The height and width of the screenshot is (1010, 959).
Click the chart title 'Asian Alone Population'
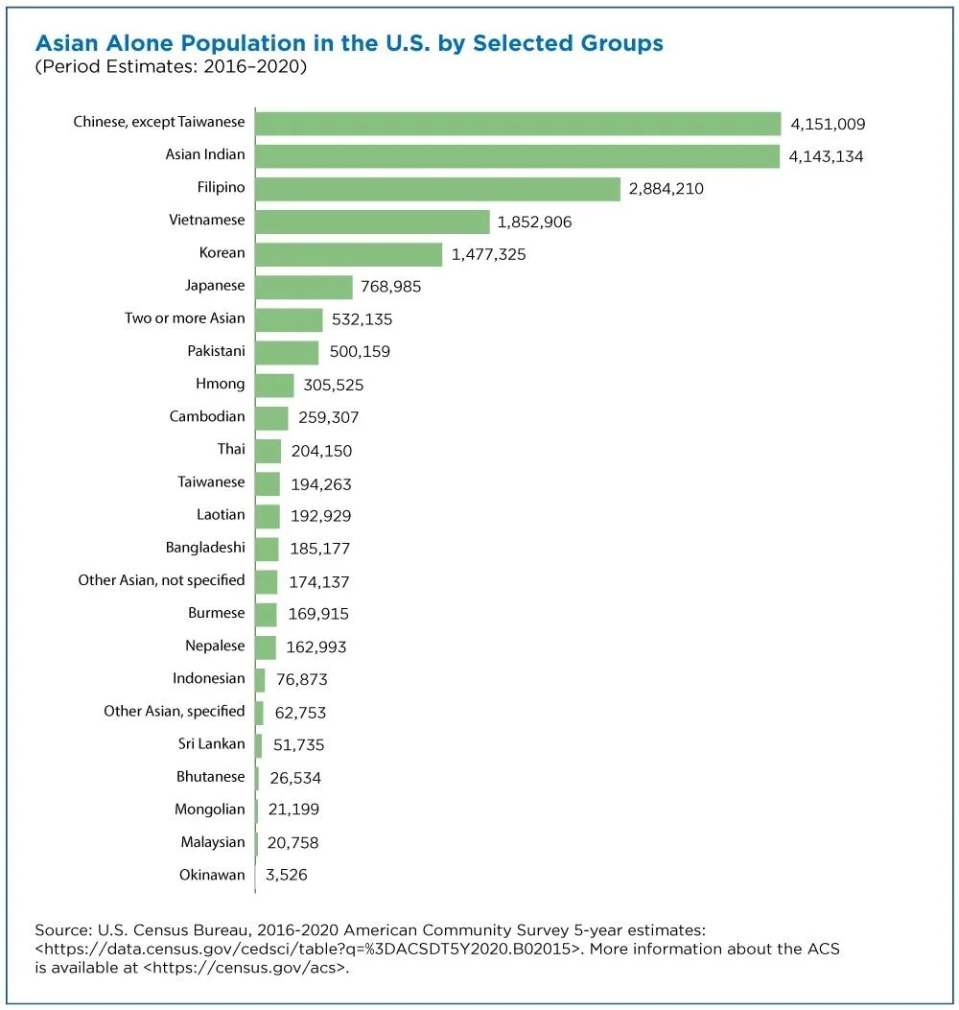348,43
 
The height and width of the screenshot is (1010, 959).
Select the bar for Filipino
438,189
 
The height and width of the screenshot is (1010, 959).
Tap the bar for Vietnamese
373,222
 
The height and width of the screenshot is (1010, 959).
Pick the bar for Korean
349,254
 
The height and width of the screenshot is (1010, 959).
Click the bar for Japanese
304,287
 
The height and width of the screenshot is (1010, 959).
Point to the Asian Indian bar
518,155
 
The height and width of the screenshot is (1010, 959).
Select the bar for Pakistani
287,352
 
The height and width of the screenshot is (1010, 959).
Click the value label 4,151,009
828,124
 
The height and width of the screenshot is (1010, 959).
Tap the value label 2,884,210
666,189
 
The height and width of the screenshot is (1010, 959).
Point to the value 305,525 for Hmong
333,386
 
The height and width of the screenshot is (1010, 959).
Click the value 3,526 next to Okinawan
285,875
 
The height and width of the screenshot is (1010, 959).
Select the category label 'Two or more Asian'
184,318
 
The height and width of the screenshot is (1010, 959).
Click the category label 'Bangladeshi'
205,548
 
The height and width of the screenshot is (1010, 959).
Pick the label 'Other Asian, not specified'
161,580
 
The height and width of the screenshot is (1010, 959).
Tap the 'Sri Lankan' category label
211,743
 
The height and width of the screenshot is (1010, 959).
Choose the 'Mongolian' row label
209,809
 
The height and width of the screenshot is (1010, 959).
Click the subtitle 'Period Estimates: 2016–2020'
170,68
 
